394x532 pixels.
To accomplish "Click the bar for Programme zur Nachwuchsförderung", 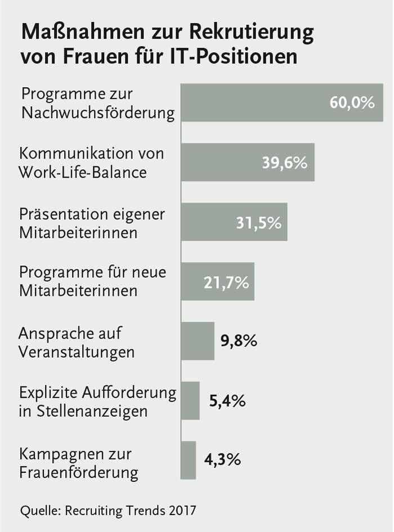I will click(253, 103).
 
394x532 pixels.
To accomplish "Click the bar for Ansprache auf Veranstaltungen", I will click(197, 341).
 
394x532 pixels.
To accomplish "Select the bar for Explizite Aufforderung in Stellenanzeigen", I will click(190, 401).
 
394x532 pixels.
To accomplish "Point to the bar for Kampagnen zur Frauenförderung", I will click(188, 460).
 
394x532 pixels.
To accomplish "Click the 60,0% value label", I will click(352, 103).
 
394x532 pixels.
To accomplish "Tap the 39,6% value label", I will click(284, 163).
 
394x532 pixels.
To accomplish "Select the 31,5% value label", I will click(258, 223).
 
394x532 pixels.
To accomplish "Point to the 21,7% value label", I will click(225, 282).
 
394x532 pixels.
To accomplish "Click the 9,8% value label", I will click(239, 341).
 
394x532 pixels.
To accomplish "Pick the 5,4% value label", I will click(227, 401).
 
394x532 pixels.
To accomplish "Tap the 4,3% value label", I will click(222, 460).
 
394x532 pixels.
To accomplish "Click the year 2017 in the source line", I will click(180, 511).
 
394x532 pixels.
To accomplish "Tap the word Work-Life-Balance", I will click(83, 172).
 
